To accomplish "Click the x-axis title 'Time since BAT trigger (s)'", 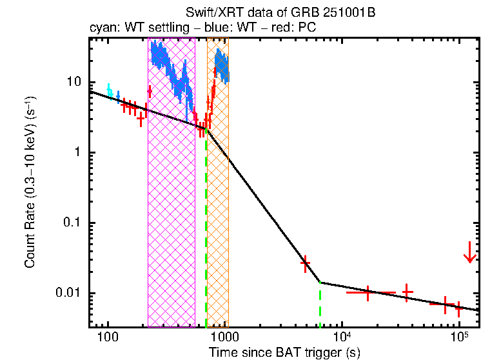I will coord(284,352).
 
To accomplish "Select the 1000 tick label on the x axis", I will coord(224,338).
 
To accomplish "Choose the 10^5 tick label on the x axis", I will coord(458,337).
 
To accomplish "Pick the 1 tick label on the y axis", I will coord(78,153).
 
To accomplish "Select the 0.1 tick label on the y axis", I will coord(73,223).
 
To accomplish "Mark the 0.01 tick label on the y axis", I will coord(70,294).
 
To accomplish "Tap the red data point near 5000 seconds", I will coord(306,263).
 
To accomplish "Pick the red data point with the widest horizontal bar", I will coord(368,292).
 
